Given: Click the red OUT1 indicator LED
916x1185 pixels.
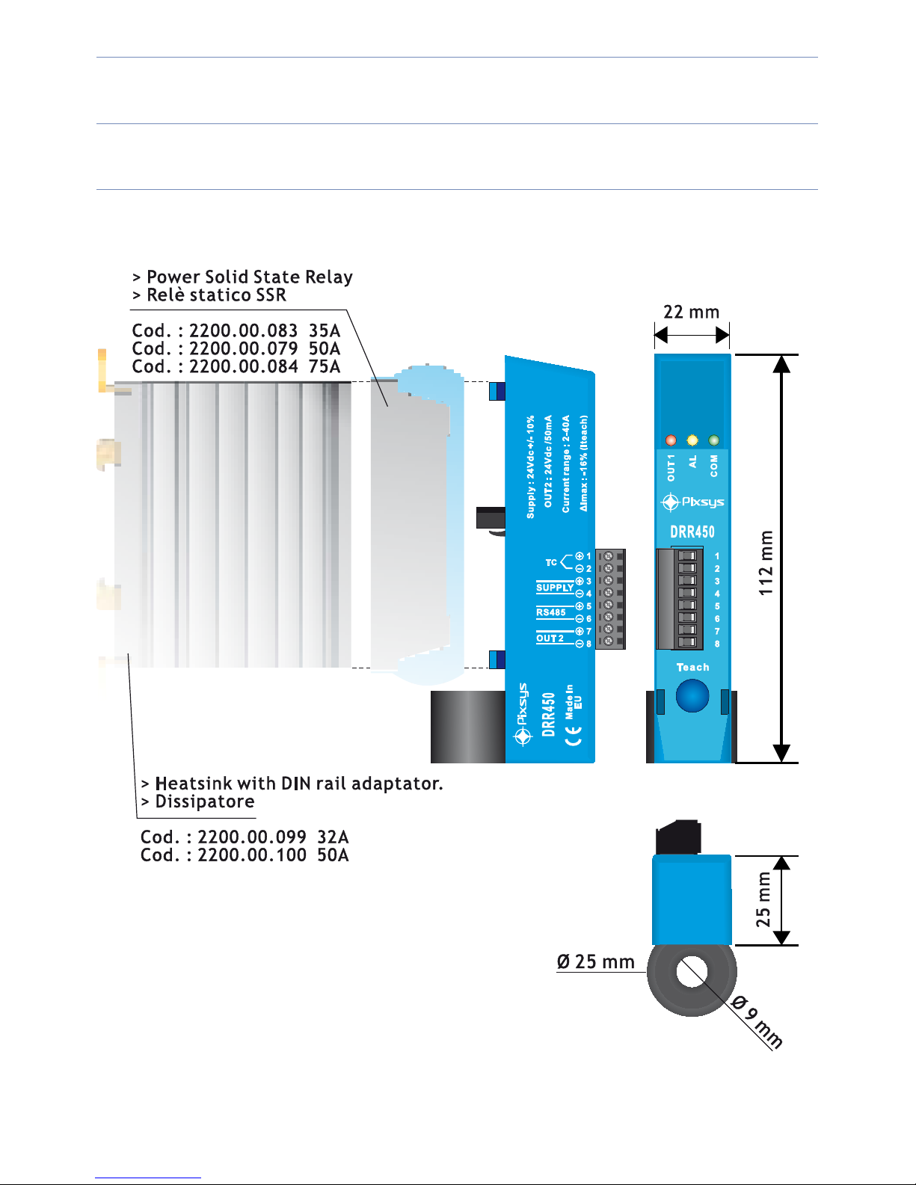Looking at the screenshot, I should (x=671, y=440).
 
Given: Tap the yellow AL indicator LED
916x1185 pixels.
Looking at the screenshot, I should (x=692, y=440).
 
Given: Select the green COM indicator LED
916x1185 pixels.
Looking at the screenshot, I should (x=714, y=440).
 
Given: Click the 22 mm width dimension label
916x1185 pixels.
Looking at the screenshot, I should (x=691, y=312).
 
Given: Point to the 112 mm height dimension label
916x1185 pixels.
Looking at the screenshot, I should (x=766, y=563).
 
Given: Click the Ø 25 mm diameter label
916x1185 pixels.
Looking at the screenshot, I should (x=595, y=961).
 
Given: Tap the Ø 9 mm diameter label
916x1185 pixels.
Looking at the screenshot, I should (x=757, y=1022).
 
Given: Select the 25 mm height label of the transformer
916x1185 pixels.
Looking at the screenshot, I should (x=763, y=899).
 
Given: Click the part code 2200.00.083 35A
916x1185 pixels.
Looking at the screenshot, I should (x=236, y=330).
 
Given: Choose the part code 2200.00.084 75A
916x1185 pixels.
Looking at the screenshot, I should (x=236, y=366).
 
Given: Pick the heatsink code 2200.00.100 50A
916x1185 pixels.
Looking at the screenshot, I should (x=245, y=855).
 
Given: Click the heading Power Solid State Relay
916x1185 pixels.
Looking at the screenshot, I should (x=249, y=277).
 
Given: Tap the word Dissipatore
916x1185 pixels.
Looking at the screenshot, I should (x=204, y=801).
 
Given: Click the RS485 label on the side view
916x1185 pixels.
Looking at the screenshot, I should (x=551, y=612).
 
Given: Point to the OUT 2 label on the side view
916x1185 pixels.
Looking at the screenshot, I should (x=550, y=638).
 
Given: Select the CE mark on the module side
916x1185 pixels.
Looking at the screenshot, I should (x=573, y=736).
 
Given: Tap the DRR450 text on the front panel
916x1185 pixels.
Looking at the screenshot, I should (x=692, y=532).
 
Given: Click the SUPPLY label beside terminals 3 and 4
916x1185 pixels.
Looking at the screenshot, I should (x=555, y=588).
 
